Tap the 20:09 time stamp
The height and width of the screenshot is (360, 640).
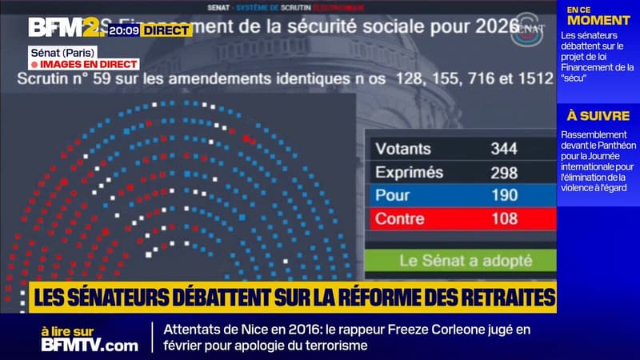(125, 30)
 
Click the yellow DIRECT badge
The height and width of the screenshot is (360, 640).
(166, 30)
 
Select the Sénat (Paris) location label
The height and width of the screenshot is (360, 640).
(58, 51)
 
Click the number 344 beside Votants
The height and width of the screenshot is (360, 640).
(504, 149)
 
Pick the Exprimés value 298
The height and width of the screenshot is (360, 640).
(504, 172)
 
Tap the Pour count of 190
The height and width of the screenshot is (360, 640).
(504, 195)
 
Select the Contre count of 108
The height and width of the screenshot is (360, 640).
(504, 218)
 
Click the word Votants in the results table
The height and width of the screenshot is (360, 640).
(403, 149)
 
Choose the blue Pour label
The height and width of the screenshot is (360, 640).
(393, 195)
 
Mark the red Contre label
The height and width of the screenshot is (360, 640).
(400, 218)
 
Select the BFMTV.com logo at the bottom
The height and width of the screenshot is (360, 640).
(90, 345)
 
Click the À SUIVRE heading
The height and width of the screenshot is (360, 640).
(598, 116)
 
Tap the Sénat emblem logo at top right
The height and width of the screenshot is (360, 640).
(526, 26)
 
